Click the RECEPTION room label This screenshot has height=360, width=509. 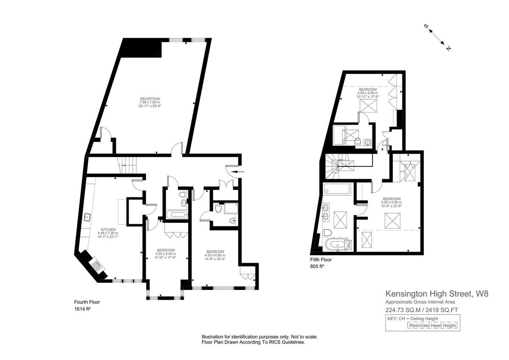(x=150, y=99)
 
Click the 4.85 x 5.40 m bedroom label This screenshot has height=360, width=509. (x=367, y=89)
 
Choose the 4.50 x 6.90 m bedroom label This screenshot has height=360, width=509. (x=392, y=199)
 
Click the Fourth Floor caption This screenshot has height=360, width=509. (x=87, y=302)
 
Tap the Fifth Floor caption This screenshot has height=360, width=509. (x=321, y=260)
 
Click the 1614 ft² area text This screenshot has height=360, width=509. (x=83, y=309)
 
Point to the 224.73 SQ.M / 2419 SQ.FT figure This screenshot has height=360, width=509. (x=421, y=309)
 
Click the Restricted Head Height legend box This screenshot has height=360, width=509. (x=432, y=326)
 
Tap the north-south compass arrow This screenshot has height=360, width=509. (x=437, y=38)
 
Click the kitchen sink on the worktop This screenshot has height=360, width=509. (x=88, y=217)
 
